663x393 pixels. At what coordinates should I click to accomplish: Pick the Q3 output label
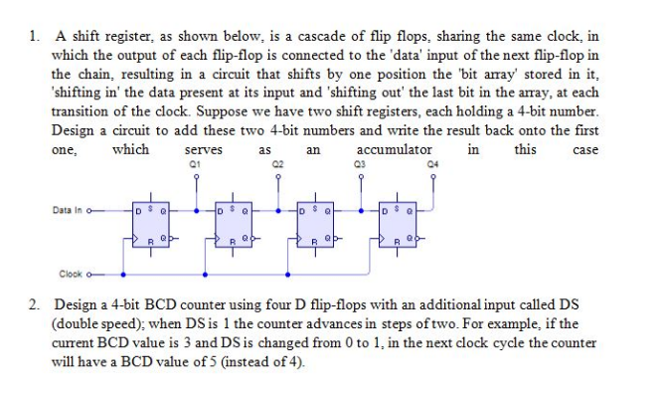[361, 162]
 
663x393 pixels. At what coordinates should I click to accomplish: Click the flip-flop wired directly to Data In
[148, 225]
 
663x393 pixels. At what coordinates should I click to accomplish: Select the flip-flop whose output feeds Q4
[398, 225]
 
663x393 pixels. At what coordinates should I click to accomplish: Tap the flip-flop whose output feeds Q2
[232, 225]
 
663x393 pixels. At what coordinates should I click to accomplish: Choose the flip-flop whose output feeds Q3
[314, 225]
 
